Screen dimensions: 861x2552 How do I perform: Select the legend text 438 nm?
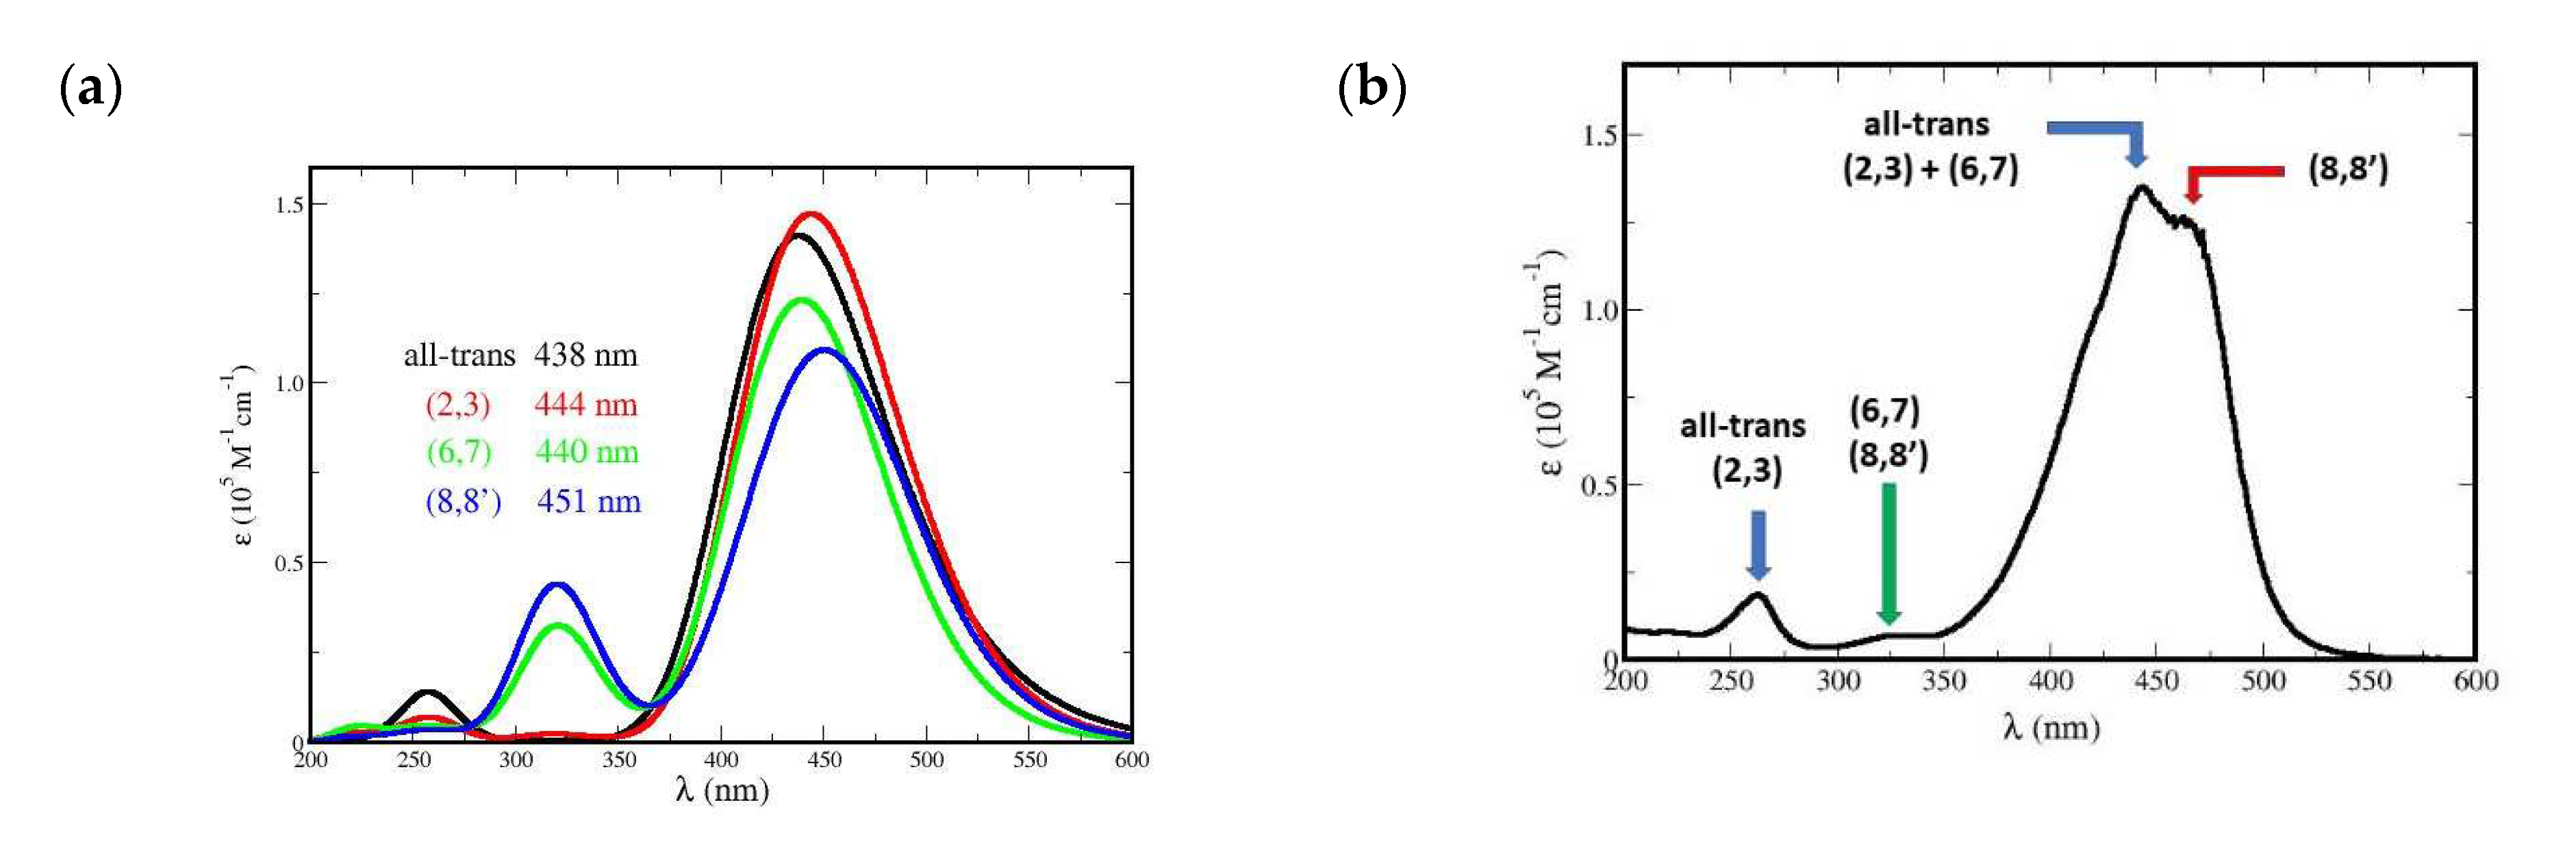(x=585, y=355)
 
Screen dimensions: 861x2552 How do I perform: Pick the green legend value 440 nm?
(x=587, y=452)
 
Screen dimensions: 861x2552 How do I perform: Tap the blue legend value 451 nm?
(x=588, y=501)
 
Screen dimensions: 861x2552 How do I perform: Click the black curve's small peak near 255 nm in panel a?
(x=426, y=692)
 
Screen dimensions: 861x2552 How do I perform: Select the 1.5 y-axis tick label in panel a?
(x=289, y=204)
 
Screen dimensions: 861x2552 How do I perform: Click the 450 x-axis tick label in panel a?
(x=823, y=760)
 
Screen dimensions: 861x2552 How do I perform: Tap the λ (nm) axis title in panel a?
(x=722, y=790)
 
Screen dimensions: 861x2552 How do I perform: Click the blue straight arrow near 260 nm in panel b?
(x=1758, y=544)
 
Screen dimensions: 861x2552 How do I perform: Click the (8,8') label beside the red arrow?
(x=2347, y=169)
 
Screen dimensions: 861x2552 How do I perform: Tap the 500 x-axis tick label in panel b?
(x=2263, y=682)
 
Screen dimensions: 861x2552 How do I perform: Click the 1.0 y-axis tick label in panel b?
(x=1598, y=310)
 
